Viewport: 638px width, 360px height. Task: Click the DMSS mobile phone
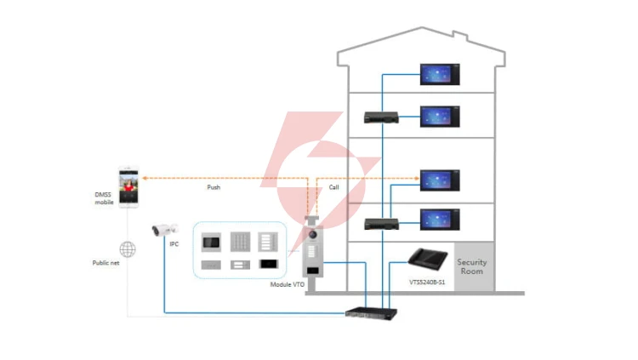coord(128,187)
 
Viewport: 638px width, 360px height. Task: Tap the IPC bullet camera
coord(165,230)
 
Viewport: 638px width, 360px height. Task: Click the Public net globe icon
coord(128,249)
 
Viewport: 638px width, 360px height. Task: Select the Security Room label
coord(471,266)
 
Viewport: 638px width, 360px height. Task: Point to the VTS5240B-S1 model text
coord(427,283)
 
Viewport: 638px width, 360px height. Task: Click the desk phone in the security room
coord(427,260)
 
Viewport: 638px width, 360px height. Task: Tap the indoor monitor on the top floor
coord(440,75)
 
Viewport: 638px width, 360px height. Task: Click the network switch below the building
coord(371,313)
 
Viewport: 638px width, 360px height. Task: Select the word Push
coord(214,187)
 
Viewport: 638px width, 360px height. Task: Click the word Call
coord(333,187)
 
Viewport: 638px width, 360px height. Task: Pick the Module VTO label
coord(288,284)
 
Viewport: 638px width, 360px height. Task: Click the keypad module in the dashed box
coord(240,242)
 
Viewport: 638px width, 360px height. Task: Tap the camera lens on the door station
coord(313,235)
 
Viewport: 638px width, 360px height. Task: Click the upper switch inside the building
coord(381,117)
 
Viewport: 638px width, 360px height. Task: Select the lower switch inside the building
coord(381,225)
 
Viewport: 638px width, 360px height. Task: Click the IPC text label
coord(174,244)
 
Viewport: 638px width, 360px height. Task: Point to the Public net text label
coord(105,263)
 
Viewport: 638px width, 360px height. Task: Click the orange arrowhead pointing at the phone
coord(145,178)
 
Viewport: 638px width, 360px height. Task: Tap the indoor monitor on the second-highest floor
coord(440,117)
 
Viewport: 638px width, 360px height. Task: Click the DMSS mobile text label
coord(104,198)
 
